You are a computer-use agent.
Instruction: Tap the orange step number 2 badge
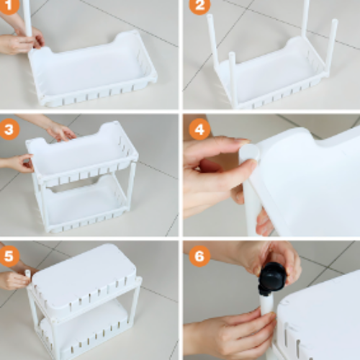click(199, 6)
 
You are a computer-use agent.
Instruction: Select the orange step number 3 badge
click(9, 129)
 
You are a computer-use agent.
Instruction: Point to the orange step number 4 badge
click(199, 129)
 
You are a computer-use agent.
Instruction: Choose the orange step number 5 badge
click(9, 256)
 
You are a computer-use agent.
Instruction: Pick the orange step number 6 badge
click(199, 256)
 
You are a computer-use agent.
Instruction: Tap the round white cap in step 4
click(250, 153)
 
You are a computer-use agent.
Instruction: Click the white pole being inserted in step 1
click(27, 18)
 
